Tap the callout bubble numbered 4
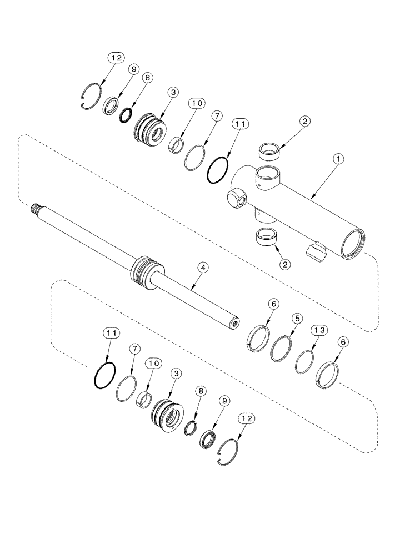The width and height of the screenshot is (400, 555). coord(204,268)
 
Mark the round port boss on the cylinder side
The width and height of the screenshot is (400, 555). coord(236,199)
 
